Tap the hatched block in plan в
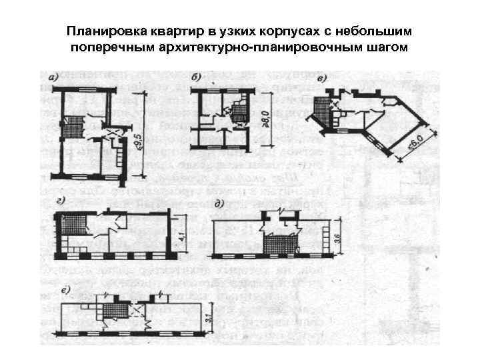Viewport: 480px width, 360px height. [323, 107]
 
